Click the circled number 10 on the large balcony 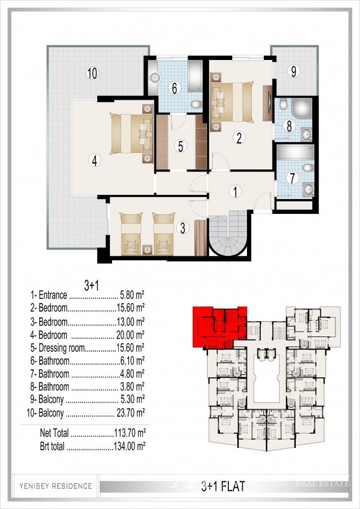(92, 74)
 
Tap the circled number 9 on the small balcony (292, 70)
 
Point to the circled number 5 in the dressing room (181, 146)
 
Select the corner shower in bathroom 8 (301, 108)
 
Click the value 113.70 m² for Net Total (130, 434)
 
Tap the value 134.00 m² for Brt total (130, 446)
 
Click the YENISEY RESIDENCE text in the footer (56, 486)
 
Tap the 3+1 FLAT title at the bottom (222, 485)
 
